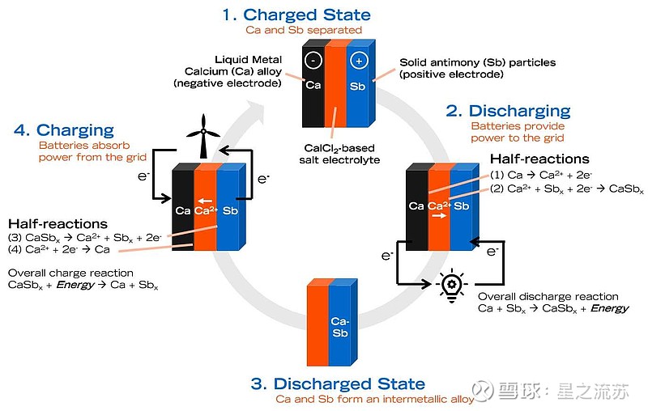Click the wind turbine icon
point(203,136)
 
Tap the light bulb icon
point(452,285)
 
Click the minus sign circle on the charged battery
point(313,60)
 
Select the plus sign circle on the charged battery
point(358,61)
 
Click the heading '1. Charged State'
point(296,15)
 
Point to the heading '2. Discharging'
point(508,111)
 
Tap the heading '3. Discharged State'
point(338,383)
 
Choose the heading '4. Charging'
point(64,130)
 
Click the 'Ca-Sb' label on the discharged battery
point(340,327)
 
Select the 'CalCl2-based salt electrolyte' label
point(339,154)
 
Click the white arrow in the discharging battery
point(439,215)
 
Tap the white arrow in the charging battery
point(205,201)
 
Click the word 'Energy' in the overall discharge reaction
point(610,308)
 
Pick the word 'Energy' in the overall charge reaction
point(75,285)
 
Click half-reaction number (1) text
point(541,175)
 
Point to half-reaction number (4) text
point(58,249)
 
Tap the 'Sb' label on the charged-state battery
point(357,87)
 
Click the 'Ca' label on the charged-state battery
point(313,85)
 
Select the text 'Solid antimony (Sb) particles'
point(477,63)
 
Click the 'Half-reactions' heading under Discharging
point(539,159)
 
